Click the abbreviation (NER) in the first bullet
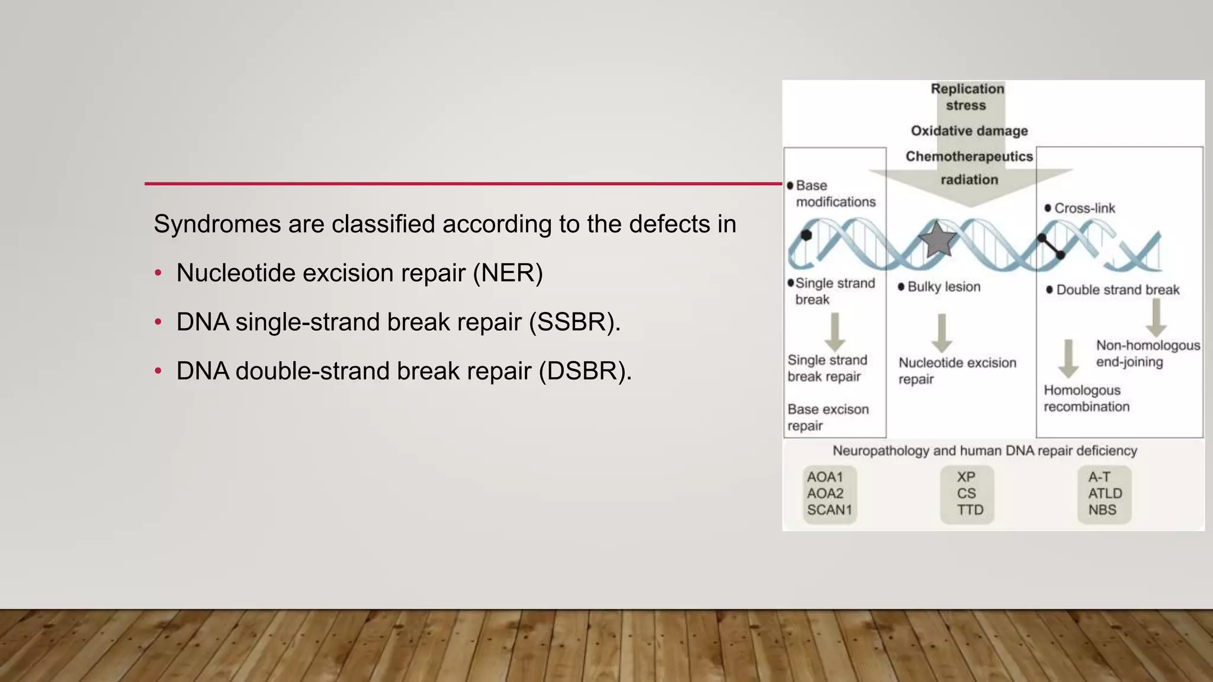click(x=508, y=273)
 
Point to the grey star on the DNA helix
click(x=938, y=239)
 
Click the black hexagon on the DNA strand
click(x=806, y=235)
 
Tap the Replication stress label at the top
click(x=967, y=97)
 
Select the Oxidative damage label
click(x=969, y=131)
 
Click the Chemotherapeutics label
click(x=969, y=156)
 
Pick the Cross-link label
click(x=1084, y=208)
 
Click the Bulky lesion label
click(x=944, y=287)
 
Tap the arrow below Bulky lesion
click(x=942, y=333)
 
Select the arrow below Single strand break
click(x=835, y=332)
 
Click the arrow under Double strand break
click(x=1156, y=318)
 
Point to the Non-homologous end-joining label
click(x=1147, y=353)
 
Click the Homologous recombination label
click(x=1086, y=398)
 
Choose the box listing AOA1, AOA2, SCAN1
click(x=829, y=494)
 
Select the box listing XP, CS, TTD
click(x=967, y=494)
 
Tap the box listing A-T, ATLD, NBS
click(x=1104, y=494)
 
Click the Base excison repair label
click(x=827, y=417)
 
